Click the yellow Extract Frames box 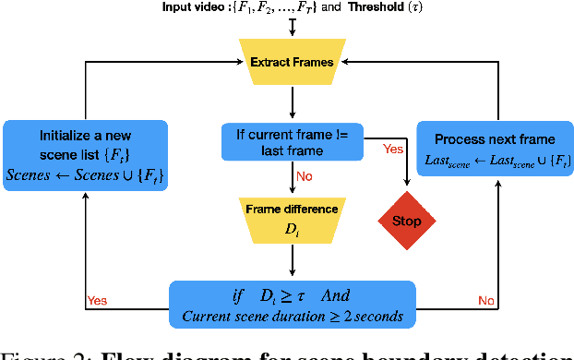[x=292, y=62]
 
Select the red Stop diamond [x=406, y=221]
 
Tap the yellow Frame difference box [x=292, y=218]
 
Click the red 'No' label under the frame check [x=303, y=176]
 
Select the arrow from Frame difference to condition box [x=292, y=262]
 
